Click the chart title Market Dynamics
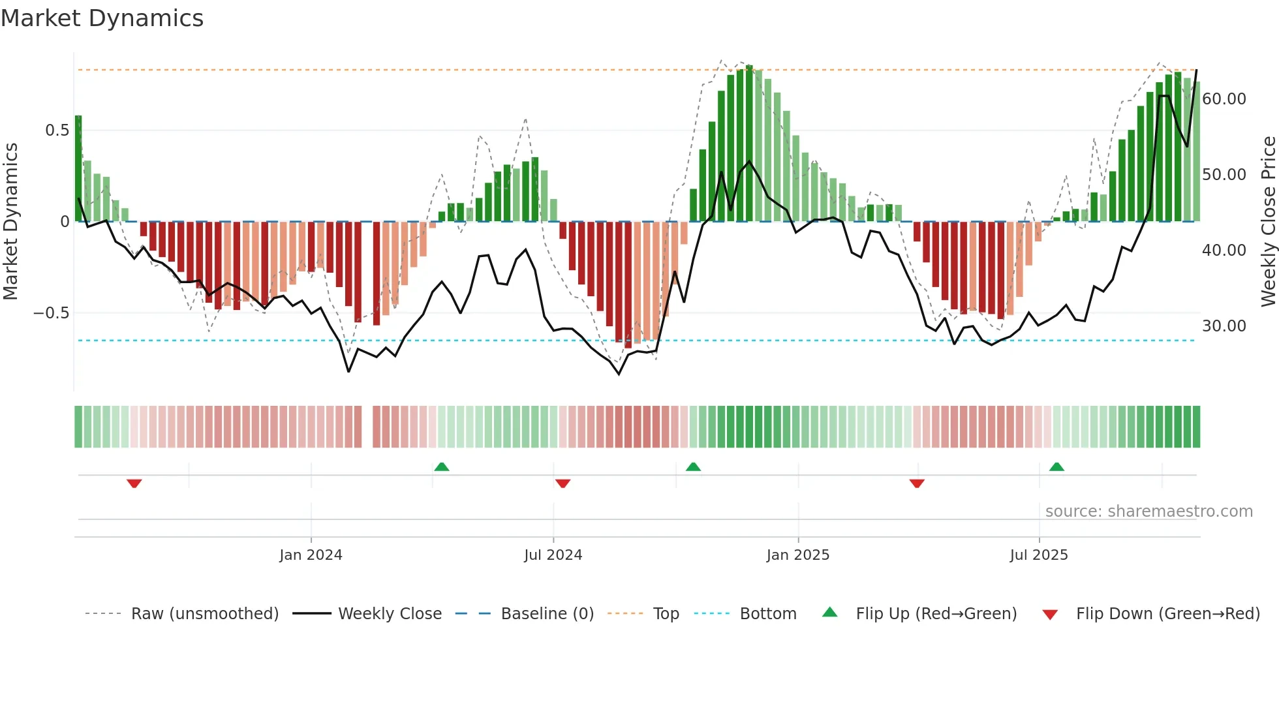click(102, 18)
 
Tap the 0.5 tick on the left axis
click(57, 130)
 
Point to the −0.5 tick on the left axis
click(51, 313)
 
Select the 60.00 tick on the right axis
click(1224, 99)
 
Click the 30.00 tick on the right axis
click(1224, 326)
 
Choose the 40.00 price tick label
click(1224, 251)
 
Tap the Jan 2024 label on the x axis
click(311, 555)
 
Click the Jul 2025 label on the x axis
click(1038, 555)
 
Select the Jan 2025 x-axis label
click(797, 555)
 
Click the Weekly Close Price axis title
click(1268, 222)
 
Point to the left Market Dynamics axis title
click(10, 222)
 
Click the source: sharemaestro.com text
click(1148, 512)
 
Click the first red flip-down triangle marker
click(134, 483)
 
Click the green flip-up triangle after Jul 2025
click(1056, 467)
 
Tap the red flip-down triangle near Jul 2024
click(563, 483)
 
